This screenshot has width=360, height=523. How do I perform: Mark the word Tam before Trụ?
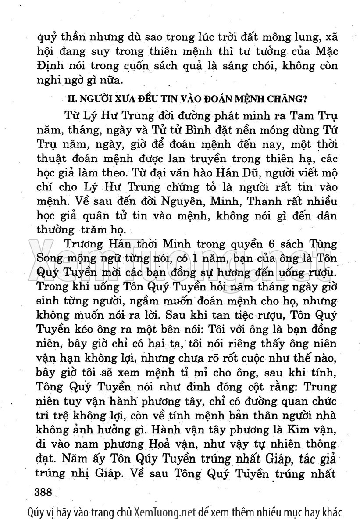click(x=300, y=116)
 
